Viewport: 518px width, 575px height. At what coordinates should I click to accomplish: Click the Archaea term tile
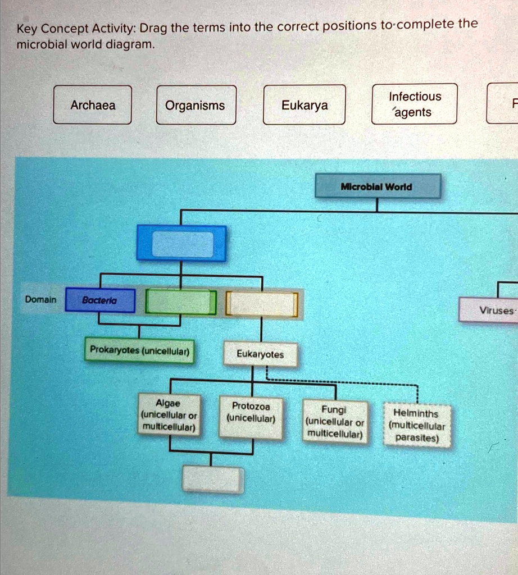click(93, 105)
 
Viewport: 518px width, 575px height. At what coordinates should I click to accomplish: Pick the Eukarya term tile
click(305, 105)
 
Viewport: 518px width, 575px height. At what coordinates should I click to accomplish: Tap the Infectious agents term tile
click(415, 104)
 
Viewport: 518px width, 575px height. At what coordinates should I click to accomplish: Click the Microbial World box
click(378, 186)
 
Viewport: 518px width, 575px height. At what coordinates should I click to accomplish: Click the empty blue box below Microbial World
click(182, 244)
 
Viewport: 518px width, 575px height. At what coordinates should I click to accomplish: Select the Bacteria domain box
click(100, 300)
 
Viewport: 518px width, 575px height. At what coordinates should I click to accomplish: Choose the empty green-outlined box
click(181, 302)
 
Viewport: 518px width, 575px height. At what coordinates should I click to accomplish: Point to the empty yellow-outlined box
click(262, 304)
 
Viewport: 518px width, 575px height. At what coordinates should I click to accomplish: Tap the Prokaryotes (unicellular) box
click(139, 351)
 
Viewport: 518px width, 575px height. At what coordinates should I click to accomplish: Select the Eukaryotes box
click(260, 354)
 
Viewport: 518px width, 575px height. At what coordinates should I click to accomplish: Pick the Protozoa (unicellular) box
click(251, 413)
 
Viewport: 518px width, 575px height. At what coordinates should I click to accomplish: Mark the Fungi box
click(335, 422)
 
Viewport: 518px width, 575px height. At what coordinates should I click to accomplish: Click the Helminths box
click(417, 426)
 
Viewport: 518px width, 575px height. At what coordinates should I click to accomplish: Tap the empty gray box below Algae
click(213, 480)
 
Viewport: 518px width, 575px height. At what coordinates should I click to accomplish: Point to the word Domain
click(40, 299)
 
